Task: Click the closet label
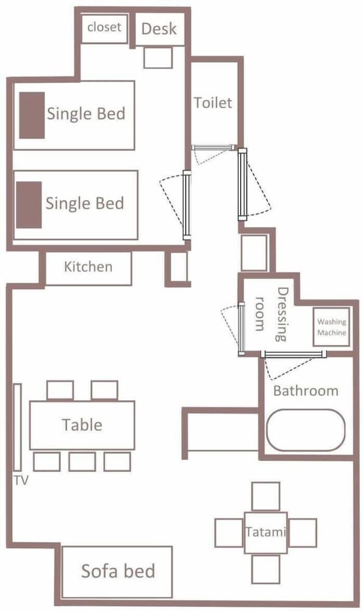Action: point(104,27)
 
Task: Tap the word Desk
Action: point(159,29)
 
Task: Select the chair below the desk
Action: point(158,57)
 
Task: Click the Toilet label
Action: point(213,103)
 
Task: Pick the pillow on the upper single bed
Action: point(32,115)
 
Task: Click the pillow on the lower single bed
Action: point(29,205)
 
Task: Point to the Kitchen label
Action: point(88,267)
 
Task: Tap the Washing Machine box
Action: point(331,327)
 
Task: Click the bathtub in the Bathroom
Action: point(306,430)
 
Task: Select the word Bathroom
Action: point(306,391)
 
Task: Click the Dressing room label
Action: point(271,315)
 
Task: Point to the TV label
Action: point(21,480)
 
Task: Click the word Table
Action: point(82,425)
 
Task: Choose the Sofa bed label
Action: point(118,571)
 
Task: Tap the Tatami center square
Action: point(266,533)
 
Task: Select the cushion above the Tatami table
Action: point(266,497)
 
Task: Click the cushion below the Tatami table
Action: point(266,569)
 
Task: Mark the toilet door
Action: point(213,147)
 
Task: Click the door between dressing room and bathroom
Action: point(293,354)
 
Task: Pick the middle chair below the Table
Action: point(82,462)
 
